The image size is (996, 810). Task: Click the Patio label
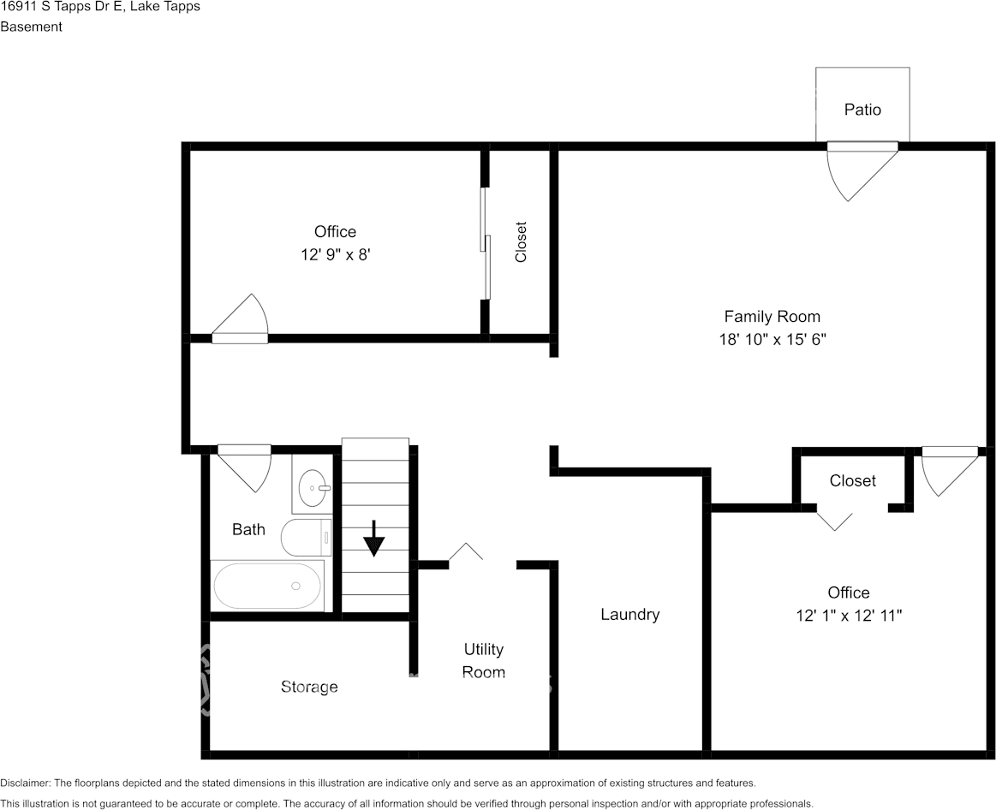(862, 110)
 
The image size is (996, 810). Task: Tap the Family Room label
(772, 317)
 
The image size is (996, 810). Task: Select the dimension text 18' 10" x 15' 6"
(772, 339)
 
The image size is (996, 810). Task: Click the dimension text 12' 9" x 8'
(335, 254)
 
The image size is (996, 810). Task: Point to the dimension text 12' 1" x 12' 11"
(849, 615)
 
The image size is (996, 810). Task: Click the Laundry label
(629, 614)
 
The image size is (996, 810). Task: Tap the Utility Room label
(483, 660)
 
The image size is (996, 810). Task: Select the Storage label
(309, 687)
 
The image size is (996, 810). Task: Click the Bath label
(248, 529)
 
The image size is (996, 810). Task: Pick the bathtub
(267, 586)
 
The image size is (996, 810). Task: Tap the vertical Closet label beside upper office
(521, 242)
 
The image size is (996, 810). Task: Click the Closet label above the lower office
(852, 481)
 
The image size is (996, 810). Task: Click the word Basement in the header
(32, 27)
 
